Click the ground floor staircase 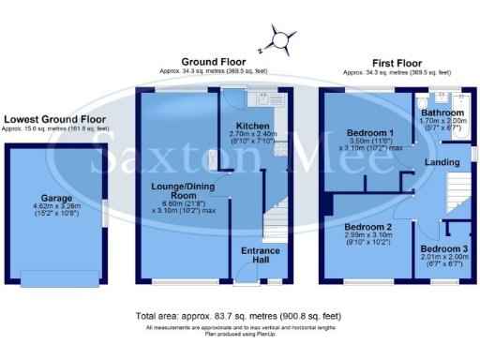click(277, 225)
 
